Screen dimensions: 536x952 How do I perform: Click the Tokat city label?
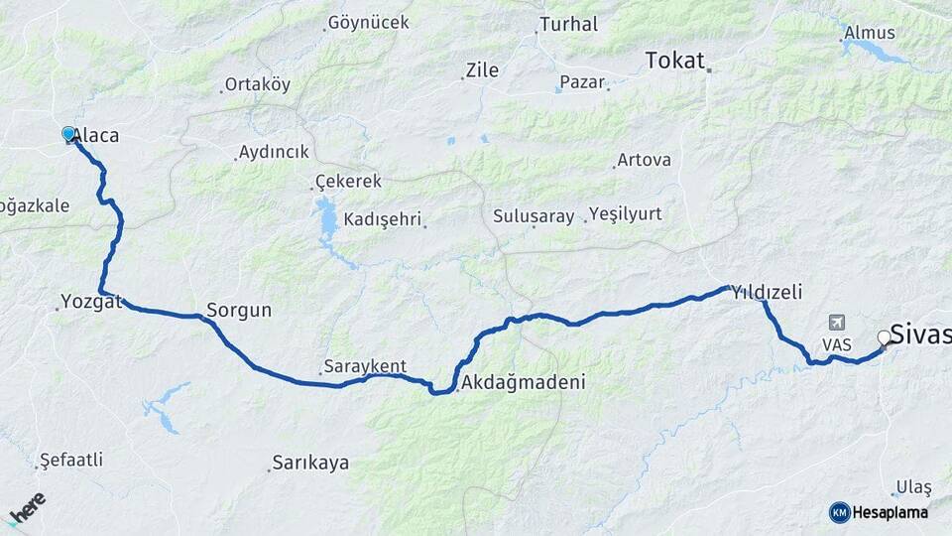pyautogui.click(x=675, y=60)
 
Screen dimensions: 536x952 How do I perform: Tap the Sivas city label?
pyautogui.click(x=920, y=334)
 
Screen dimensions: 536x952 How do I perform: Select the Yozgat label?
pyautogui.click(x=90, y=301)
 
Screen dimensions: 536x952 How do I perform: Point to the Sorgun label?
pyautogui.click(x=239, y=310)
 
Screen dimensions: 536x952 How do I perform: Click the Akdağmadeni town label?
pyautogui.click(x=524, y=381)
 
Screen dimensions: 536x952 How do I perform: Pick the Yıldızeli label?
pyautogui.click(x=766, y=292)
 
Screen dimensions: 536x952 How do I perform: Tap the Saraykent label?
pyautogui.click(x=364, y=366)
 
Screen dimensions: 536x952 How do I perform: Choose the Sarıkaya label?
pyautogui.click(x=310, y=463)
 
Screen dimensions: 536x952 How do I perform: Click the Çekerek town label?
pyautogui.click(x=348, y=182)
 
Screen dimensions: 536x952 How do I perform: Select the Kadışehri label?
pyautogui.click(x=383, y=218)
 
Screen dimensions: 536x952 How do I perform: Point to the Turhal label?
pyautogui.click(x=568, y=24)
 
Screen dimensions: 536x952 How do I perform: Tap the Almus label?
pyautogui.click(x=869, y=33)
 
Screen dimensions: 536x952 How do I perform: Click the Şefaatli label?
pyautogui.click(x=71, y=461)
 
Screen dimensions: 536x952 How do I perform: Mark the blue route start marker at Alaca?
pyautogui.click(x=68, y=133)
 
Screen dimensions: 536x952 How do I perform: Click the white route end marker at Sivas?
pyautogui.click(x=885, y=338)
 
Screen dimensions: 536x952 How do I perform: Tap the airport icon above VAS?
pyautogui.click(x=837, y=324)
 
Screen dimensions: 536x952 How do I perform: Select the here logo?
pyautogui.click(x=27, y=507)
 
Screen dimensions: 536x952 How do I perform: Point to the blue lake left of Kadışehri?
pyautogui.click(x=327, y=220)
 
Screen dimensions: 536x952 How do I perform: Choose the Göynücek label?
pyautogui.click(x=368, y=22)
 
